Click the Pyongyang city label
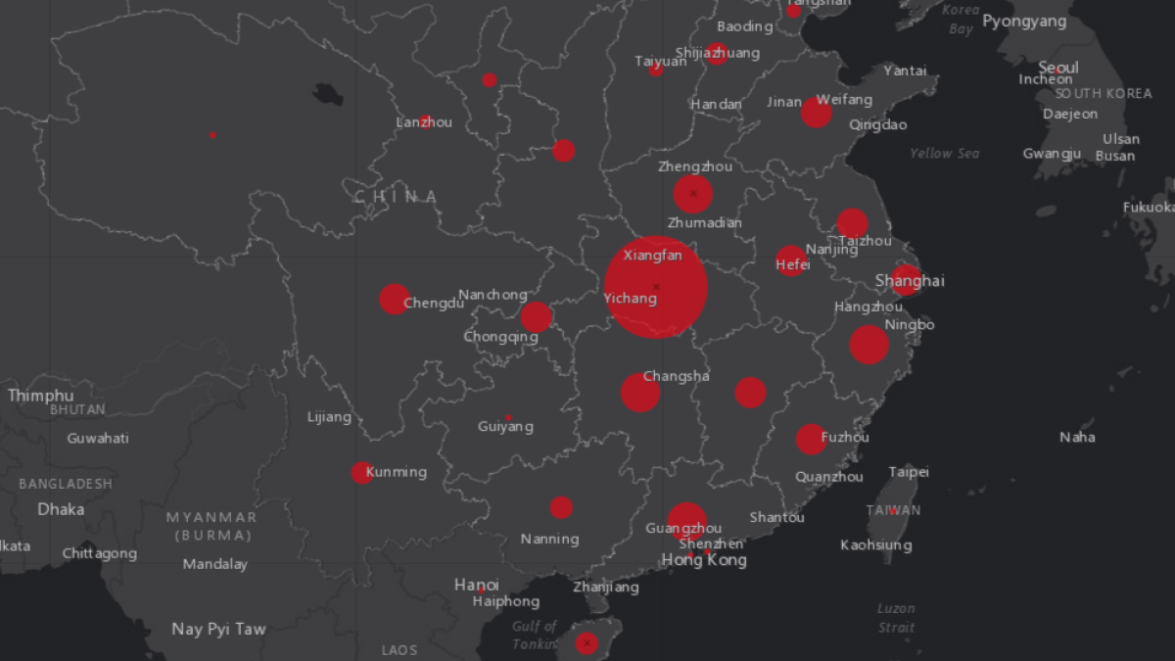coord(1024,22)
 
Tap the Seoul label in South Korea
coord(1057,68)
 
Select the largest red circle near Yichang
coord(656,287)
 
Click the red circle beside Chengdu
coord(394,299)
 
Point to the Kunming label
coord(396,472)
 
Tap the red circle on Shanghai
coord(906,280)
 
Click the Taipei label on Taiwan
coord(909,472)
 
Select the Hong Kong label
coord(704,560)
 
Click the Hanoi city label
coord(476,585)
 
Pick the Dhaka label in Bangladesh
coord(61,509)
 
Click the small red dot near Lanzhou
coord(425,122)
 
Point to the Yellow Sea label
coord(944,154)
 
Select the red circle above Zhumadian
coord(692,194)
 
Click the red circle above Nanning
coord(561,507)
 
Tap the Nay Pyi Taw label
coord(218,629)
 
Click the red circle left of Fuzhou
coord(810,439)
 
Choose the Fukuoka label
coord(1149,207)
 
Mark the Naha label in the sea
coord(1077,437)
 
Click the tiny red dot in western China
coord(212,135)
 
